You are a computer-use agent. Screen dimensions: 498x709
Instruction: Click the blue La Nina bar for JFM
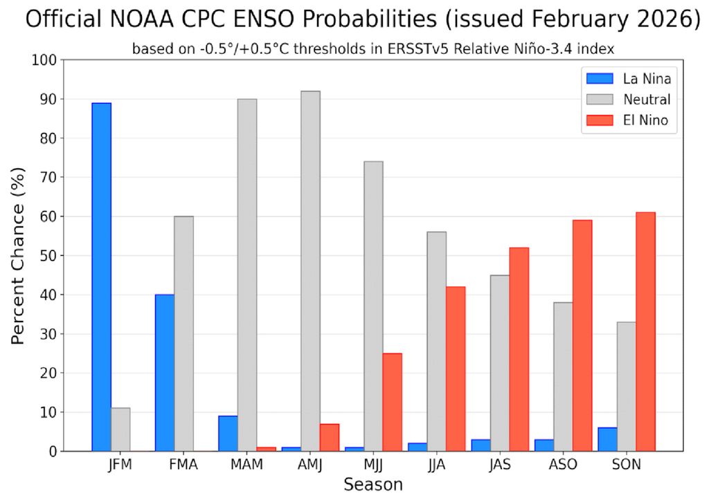point(101,277)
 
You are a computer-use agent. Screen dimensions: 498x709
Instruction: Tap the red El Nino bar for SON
point(645,332)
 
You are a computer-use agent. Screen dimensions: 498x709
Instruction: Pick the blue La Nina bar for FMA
point(165,373)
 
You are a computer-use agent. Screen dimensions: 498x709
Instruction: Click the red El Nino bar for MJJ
point(392,402)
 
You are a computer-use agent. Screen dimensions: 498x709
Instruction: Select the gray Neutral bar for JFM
point(120,430)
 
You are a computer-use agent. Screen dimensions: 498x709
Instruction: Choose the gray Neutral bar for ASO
point(563,377)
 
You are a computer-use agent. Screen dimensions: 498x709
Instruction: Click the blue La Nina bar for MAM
point(228,434)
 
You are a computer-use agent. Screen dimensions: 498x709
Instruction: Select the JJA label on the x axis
point(436,465)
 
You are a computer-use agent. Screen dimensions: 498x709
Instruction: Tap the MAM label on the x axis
point(246,465)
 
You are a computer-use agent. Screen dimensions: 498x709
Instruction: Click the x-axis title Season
point(373,483)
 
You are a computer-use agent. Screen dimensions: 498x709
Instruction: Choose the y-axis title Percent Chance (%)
point(20,256)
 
